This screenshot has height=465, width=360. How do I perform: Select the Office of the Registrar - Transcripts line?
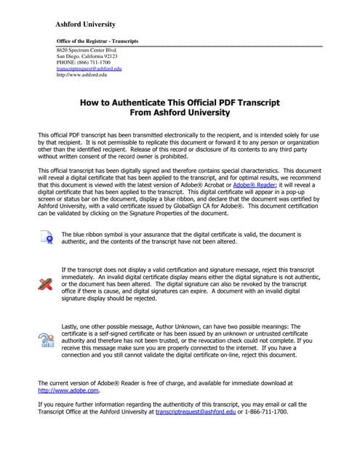pyautogui.click(x=97, y=41)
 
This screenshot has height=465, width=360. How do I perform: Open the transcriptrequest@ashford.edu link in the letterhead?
pyautogui.click(x=89, y=68)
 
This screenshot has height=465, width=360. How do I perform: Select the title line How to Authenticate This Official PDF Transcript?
pyautogui.click(x=180, y=103)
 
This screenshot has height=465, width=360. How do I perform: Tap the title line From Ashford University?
pyautogui.click(x=180, y=113)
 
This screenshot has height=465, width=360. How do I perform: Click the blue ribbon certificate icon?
pyautogui.click(x=46, y=217)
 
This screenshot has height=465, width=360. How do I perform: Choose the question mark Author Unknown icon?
pyautogui.click(x=46, y=339)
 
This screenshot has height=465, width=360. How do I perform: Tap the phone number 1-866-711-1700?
pyautogui.click(x=267, y=412)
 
